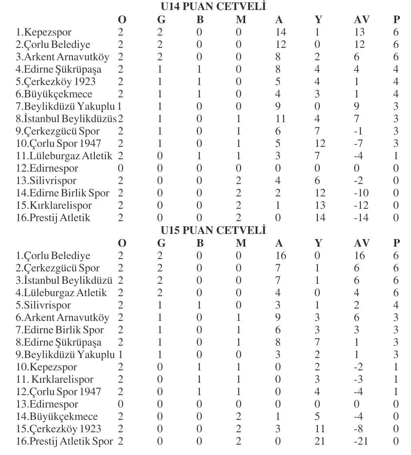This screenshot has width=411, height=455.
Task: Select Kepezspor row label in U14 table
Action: tap(42, 32)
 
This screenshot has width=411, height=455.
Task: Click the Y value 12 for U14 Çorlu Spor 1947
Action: tap(320, 143)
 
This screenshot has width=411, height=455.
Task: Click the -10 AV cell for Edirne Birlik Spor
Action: tap(361, 193)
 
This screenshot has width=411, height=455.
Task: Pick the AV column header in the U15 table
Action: tap(361, 243)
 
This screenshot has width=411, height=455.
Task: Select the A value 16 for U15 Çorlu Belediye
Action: tap(281, 255)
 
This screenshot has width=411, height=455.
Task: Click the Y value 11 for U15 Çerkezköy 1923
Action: tap(320, 429)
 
